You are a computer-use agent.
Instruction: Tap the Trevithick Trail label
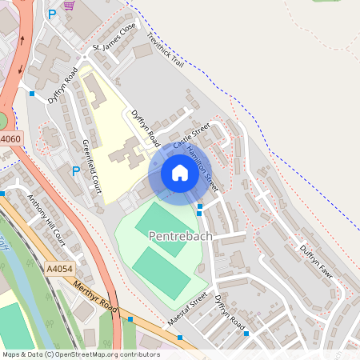click(x=164, y=50)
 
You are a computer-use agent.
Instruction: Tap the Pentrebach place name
click(x=180, y=235)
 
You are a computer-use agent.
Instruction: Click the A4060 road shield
click(x=10, y=139)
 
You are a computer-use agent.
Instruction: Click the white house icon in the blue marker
click(x=179, y=173)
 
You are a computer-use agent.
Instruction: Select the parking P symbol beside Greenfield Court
click(x=76, y=170)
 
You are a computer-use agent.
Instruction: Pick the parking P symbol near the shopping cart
click(x=52, y=14)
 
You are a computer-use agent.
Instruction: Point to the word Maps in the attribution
click(x=11, y=354)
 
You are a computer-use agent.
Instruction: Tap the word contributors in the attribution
click(x=138, y=354)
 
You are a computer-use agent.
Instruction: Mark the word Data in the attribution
click(x=34, y=354)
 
